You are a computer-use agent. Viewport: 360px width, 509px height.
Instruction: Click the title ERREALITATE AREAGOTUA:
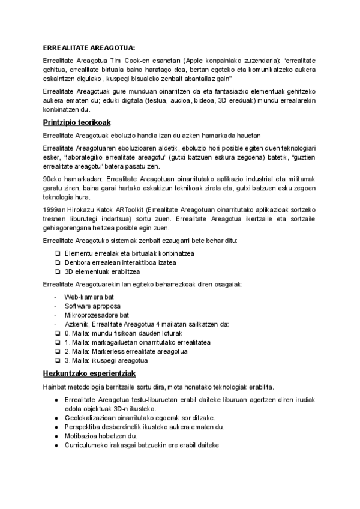(89, 47)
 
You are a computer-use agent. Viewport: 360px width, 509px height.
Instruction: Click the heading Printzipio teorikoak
(76, 123)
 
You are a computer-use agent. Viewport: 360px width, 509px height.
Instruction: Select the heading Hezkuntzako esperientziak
(86, 373)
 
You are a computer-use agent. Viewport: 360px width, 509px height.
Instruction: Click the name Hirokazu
(86, 208)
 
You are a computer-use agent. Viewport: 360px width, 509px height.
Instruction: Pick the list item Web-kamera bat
(89, 297)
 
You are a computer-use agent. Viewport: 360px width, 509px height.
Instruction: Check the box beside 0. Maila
(56, 333)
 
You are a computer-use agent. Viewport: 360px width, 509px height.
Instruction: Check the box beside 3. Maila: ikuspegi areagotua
(56, 360)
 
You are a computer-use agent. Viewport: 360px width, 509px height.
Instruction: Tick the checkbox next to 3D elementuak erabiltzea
(56, 271)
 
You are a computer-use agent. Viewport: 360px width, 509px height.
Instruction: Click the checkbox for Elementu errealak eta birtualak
(56, 253)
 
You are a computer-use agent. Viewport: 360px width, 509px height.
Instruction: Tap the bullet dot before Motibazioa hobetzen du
(56, 436)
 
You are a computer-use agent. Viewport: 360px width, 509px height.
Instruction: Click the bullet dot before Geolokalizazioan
(56, 418)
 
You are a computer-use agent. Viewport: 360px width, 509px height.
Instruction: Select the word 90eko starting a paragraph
(53, 179)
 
